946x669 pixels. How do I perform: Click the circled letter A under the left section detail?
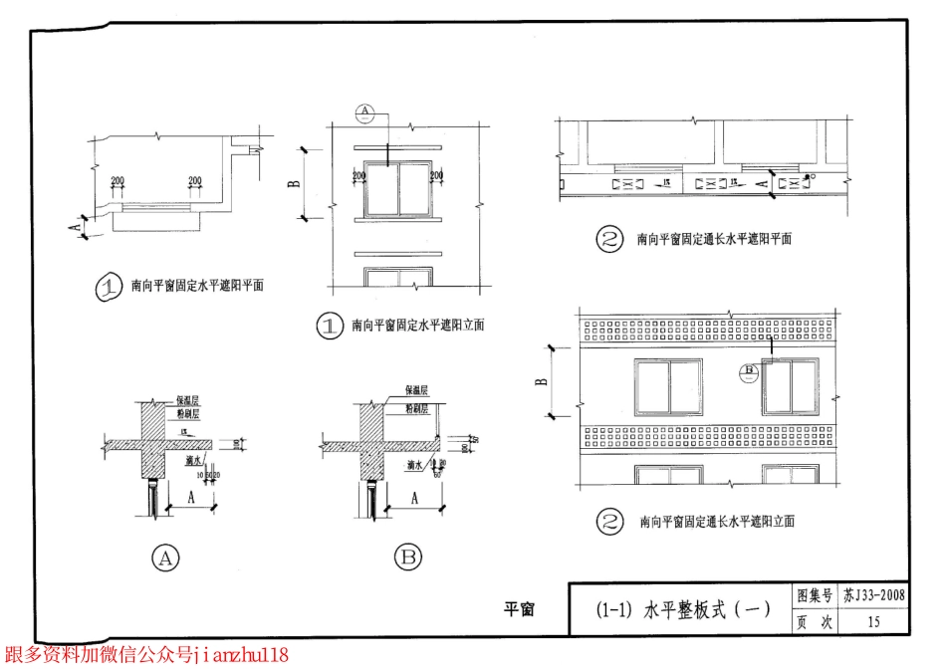click(x=165, y=558)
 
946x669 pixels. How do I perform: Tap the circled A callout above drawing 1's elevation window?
click(x=364, y=110)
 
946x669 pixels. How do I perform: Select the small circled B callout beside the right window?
click(x=749, y=372)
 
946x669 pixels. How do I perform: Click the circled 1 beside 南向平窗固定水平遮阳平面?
click(x=108, y=288)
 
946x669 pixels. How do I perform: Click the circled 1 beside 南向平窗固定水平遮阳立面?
click(x=330, y=326)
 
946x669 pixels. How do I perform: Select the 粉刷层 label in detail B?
click(x=417, y=408)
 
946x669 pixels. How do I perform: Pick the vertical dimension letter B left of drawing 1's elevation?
click(x=294, y=184)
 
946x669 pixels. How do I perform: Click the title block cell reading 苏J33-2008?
click(x=873, y=596)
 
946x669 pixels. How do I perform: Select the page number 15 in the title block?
click(x=873, y=622)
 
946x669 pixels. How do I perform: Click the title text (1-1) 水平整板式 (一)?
click(x=682, y=609)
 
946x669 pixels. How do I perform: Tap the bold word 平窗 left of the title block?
click(x=519, y=609)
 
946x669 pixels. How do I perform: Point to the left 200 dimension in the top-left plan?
click(x=118, y=180)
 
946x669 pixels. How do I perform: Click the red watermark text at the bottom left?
click(x=146, y=655)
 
